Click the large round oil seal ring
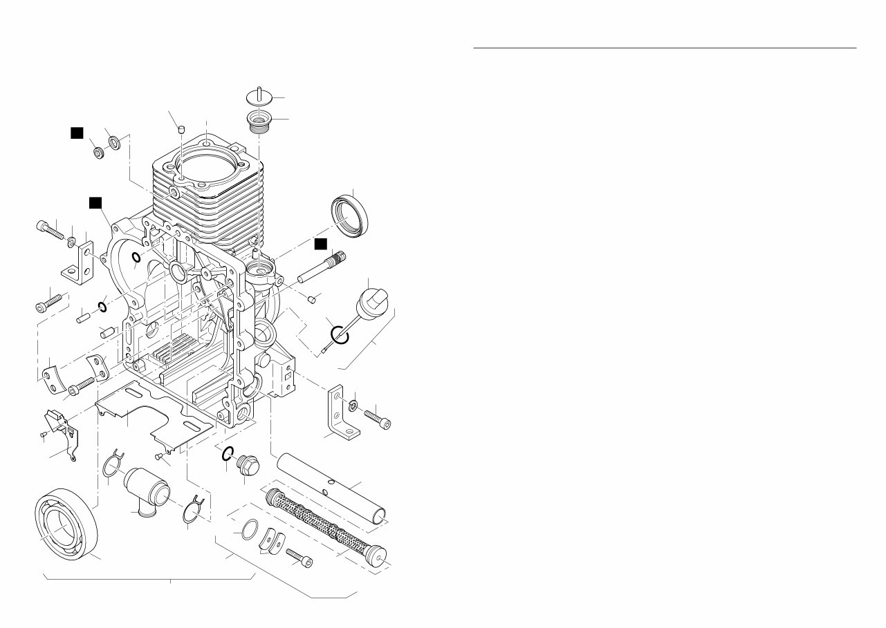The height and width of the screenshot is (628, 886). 351,216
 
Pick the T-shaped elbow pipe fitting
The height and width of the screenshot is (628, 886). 146,491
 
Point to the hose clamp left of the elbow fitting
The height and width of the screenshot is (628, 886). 113,464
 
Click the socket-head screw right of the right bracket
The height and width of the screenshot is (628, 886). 376,416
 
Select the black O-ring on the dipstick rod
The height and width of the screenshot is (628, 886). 340,334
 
